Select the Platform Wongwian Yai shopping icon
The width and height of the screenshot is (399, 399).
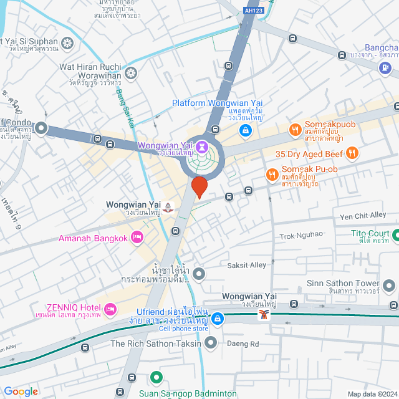[x=246, y=131]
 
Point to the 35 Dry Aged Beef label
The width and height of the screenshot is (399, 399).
[x=310, y=153]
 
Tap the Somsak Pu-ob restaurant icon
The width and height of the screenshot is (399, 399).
[x=272, y=175]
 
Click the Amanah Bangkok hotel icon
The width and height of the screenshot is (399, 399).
[x=138, y=238]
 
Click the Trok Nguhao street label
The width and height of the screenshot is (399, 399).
[x=301, y=235]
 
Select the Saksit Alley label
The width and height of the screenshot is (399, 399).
[x=248, y=265]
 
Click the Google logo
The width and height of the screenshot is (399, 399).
[x=21, y=391]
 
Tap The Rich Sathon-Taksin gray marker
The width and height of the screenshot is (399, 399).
[x=211, y=343]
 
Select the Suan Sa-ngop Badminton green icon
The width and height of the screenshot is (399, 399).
[x=156, y=378]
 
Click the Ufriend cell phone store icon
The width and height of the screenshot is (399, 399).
[x=217, y=319]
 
